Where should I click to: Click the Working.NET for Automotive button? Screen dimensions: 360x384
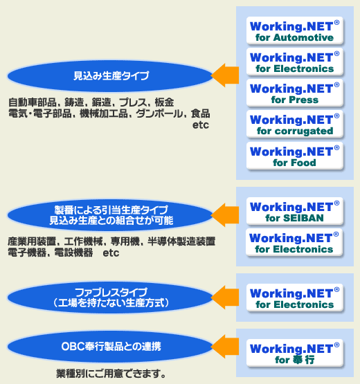tap(294, 30)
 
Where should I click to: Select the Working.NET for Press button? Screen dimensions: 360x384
tap(294, 93)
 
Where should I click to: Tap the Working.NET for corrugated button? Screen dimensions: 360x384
tap(294, 124)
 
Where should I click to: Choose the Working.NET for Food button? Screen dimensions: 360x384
tap(294, 156)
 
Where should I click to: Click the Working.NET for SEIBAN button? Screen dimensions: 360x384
tap(294, 211)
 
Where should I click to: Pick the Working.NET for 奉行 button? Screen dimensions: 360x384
tap(294, 353)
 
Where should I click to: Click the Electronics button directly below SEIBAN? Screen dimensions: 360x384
tap(294, 242)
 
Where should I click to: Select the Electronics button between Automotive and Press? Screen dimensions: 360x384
tap(294, 62)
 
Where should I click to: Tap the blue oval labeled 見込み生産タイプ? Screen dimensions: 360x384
tap(110, 76)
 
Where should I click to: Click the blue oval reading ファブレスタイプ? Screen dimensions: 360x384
tap(110, 298)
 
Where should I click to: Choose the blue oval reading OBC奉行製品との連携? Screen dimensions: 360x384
tap(110, 347)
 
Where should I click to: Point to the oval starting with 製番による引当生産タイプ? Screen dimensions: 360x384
tap(110, 215)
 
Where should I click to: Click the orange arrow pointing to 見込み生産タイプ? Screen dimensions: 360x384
tap(226, 75)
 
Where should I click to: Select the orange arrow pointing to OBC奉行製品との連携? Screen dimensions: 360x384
tap(226, 347)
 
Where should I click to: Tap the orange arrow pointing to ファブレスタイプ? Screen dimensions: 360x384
tap(226, 298)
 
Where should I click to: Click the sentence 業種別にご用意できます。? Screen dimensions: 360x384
tap(111, 374)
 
